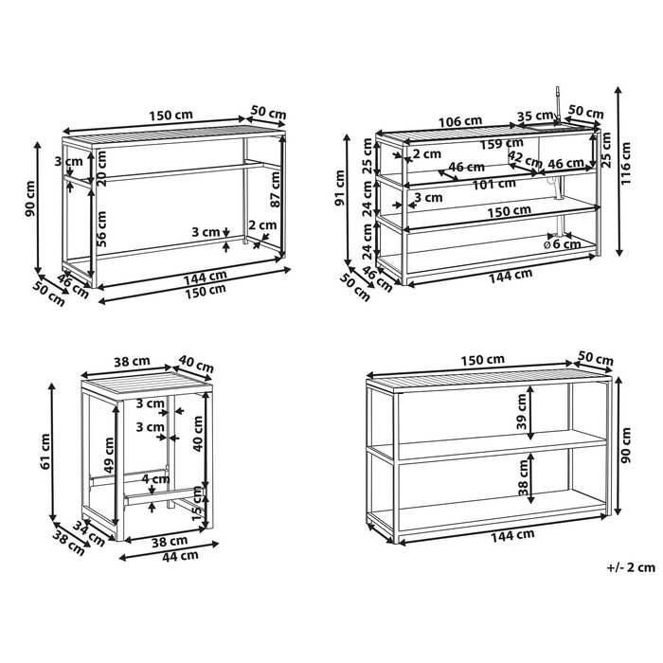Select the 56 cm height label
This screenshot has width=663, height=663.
pyautogui.click(x=101, y=229)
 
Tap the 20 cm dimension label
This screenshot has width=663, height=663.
pyautogui.click(x=102, y=169)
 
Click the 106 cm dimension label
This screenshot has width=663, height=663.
pyautogui.click(x=460, y=121)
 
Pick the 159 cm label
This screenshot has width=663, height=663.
pyautogui.click(x=501, y=144)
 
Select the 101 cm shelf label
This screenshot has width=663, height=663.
pyautogui.click(x=493, y=184)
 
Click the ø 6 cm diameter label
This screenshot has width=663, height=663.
pyautogui.click(x=562, y=244)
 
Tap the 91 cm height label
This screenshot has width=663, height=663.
pyautogui.click(x=340, y=188)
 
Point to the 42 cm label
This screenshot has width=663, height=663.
pyautogui.click(x=525, y=159)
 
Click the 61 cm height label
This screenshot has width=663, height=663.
pyautogui.click(x=45, y=451)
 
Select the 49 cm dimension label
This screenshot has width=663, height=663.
pyautogui.click(x=109, y=455)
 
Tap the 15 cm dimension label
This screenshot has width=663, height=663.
pyautogui.click(x=197, y=503)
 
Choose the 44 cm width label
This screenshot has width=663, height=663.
pyautogui.click(x=181, y=556)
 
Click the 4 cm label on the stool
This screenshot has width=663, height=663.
pyautogui.click(x=155, y=479)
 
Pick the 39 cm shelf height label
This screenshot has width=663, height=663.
pyautogui.click(x=522, y=411)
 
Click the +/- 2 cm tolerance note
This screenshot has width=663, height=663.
pyautogui.click(x=631, y=567)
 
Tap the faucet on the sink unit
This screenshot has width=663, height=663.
pyautogui.click(x=558, y=106)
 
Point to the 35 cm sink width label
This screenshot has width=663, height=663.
pyautogui.click(x=535, y=116)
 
